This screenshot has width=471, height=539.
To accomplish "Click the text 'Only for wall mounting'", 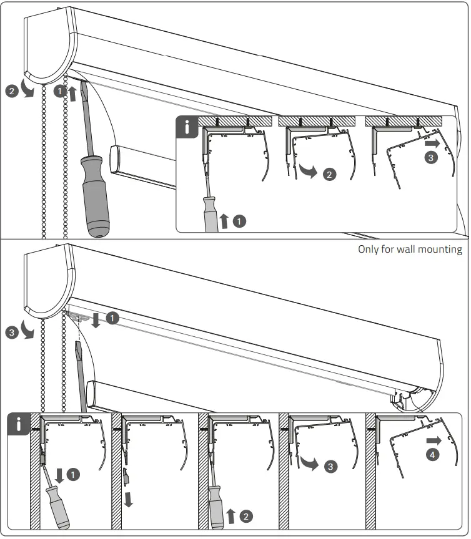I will (x=410, y=250).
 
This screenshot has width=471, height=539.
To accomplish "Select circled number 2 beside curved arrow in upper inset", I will (x=330, y=174).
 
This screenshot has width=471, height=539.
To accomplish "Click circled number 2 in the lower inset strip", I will (x=246, y=516).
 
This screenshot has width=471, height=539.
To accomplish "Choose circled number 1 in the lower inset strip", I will (x=74, y=475).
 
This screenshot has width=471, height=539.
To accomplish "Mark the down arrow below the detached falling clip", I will (x=129, y=499).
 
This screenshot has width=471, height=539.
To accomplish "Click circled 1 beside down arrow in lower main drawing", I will (x=111, y=318).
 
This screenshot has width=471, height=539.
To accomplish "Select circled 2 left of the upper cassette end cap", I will (x=11, y=91).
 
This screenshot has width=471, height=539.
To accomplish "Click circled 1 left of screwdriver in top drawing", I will (x=59, y=91).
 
